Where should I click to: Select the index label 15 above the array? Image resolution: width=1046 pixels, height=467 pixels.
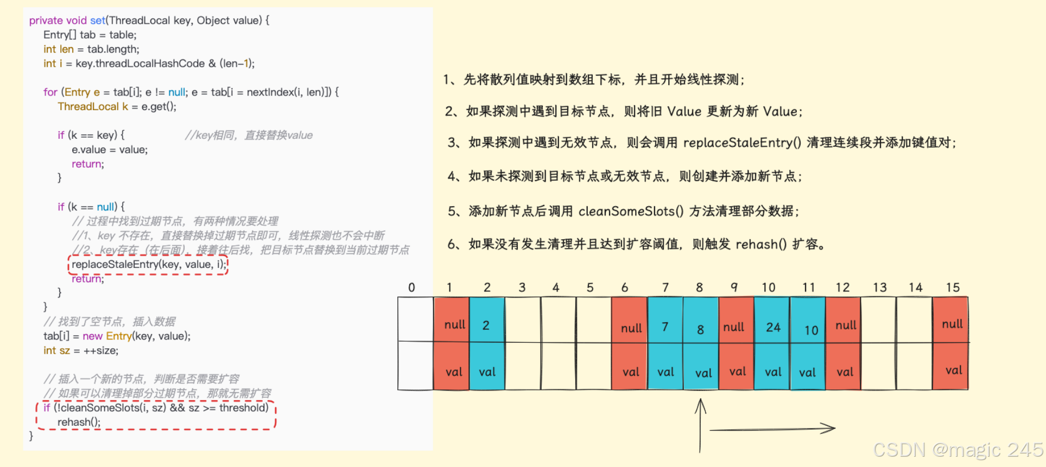(x=953, y=287)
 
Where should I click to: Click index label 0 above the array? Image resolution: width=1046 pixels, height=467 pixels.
(x=411, y=287)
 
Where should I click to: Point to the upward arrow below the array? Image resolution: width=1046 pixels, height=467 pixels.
(x=700, y=426)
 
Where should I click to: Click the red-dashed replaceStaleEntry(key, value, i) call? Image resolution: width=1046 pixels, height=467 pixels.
(x=149, y=265)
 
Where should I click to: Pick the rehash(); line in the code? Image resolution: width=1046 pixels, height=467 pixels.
(x=79, y=422)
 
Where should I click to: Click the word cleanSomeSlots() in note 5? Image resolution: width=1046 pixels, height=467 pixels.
(x=631, y=211)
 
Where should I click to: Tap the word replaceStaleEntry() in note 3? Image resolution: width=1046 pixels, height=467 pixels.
(x=742, y=143)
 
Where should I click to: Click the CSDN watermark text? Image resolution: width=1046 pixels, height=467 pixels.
(x=958, y=450)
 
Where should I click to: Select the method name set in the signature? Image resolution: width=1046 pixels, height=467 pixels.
(x=98, y=21)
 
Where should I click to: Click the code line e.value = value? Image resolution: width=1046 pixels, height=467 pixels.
(x=110, y=150)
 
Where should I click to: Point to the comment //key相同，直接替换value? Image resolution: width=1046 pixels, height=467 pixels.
(x=249, y=135)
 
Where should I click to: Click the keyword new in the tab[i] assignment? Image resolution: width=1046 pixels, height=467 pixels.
(x=92, y=336)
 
